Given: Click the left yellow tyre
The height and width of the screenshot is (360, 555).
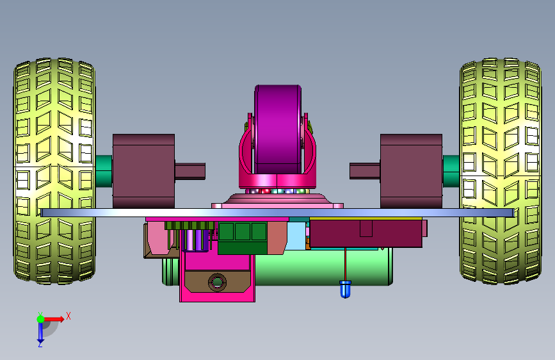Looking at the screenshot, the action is pyautogui.click(x=54, y=171).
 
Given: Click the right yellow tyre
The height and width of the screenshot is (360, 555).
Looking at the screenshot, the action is pyautogui.click(x=501, y=171).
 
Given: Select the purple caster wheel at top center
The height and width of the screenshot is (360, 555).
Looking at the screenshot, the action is pyautogui.click(x=278, y=129).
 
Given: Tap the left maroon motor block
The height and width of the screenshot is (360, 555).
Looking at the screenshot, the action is pyautogui.click(x=143, y=171).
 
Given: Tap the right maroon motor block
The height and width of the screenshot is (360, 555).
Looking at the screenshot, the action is pyautogui.click(x=412, y=171).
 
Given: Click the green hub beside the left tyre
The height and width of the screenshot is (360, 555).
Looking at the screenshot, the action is pyautogui.click(x=104, y=171).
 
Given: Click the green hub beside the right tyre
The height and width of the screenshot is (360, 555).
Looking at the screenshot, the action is pyautogui.click(x=451, y=171).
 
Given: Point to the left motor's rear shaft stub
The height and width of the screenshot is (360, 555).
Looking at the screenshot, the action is pyautogui.click(x=190, y=171).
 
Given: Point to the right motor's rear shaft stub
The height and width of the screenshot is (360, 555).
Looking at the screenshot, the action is pyautogui.click(x=365, y=171).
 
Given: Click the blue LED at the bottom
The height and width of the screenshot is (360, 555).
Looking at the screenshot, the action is pyautogui.click(x=346, y=289).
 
